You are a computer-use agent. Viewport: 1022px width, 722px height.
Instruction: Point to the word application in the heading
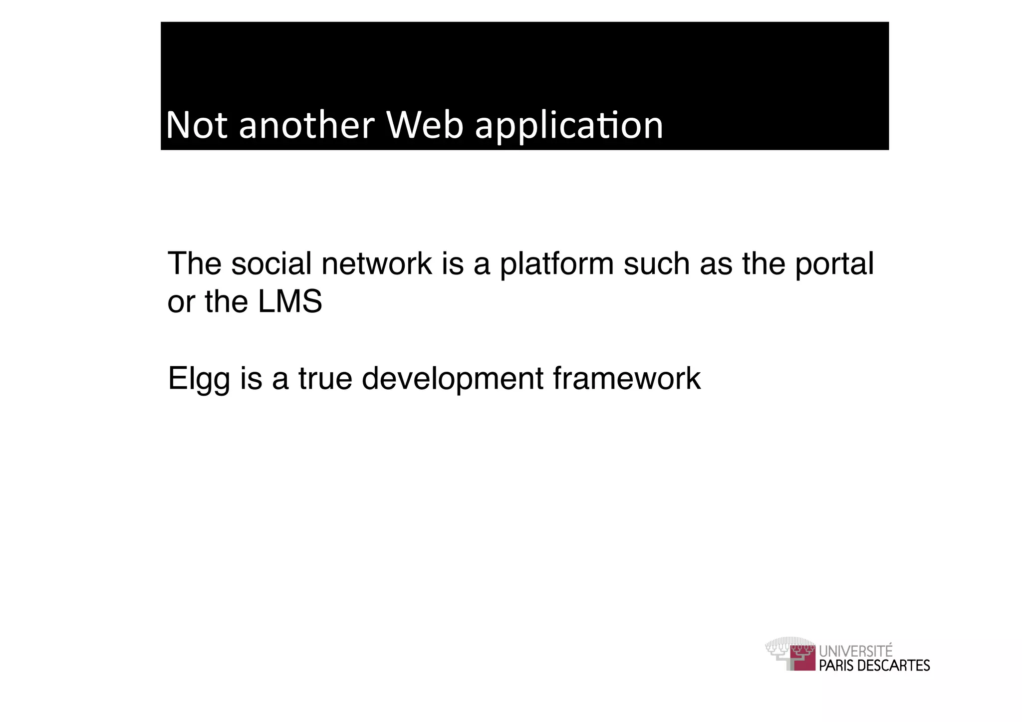click(569, 126)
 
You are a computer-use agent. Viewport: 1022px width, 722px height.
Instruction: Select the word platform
click(556, 264)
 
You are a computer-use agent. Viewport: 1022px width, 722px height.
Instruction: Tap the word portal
click(834, 264)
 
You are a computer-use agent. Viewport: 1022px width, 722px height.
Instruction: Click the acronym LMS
click(289, 302)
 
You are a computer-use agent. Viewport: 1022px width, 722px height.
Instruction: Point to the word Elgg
click(199, 379)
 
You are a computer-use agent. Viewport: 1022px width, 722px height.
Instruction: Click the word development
click(452, 379)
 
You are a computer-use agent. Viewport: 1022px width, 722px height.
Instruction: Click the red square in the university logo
click(803, 659)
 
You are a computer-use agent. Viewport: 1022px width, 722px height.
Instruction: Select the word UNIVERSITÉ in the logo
click(856, 651)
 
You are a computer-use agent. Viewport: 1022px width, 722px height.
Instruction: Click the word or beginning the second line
click(180, 303)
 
